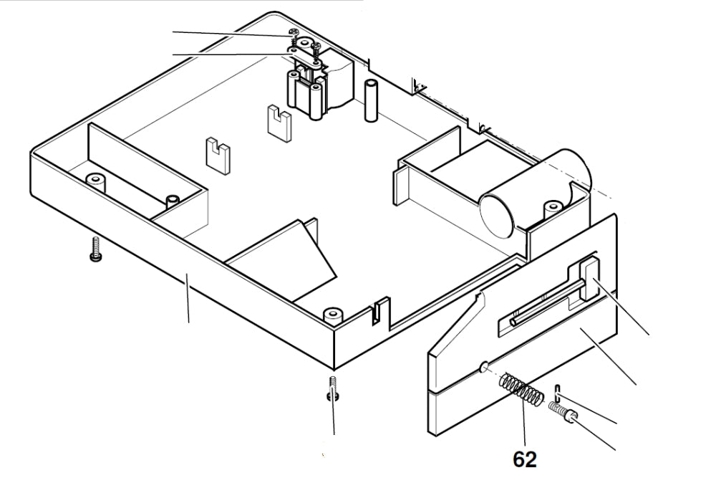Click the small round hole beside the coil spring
tap(484, 368)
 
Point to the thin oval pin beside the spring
tap(556, 393)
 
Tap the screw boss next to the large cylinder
tap(552, 209)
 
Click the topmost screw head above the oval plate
tap(292, 32)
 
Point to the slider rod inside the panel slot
tap(544, 304)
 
